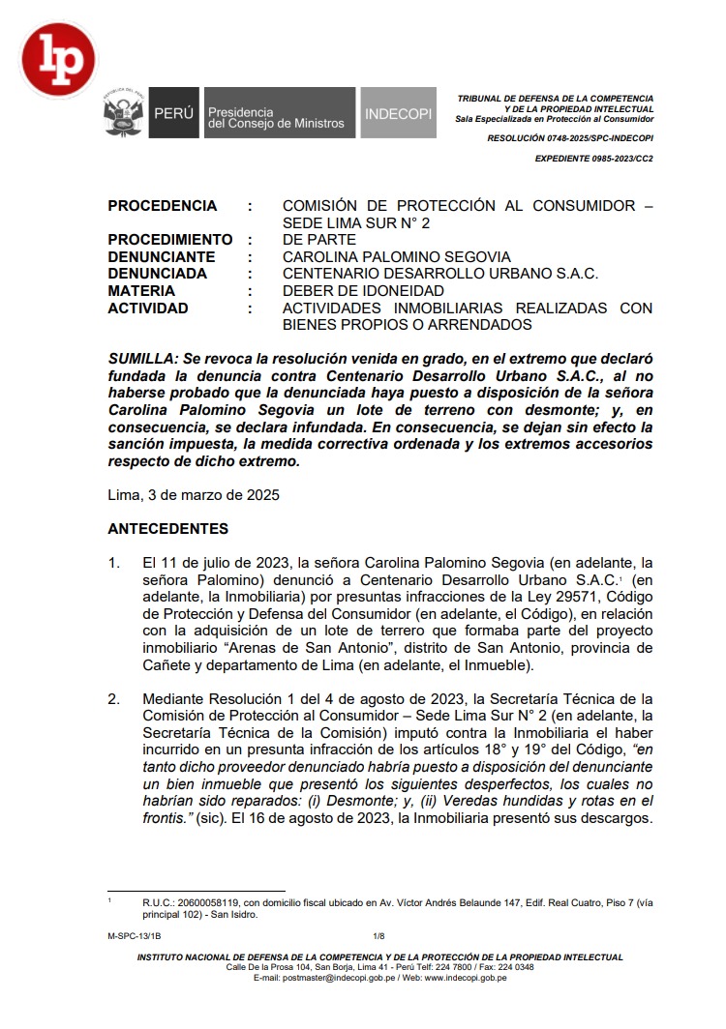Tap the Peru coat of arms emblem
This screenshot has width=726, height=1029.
tap(124, 117)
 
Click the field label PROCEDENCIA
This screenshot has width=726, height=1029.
tap(163, 206)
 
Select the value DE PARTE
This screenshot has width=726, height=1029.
tap(318, 240)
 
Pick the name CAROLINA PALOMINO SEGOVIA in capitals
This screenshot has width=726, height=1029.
tap(396, 257)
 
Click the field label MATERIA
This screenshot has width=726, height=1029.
tap(141, 291)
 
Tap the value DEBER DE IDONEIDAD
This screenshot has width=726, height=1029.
tap(363, 291)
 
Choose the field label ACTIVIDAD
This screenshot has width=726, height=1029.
tap(148, 309)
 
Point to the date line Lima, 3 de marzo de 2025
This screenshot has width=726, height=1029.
tap(194, 496)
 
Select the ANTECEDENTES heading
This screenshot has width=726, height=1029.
tap(168, 529)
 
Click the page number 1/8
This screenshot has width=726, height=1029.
tap(378, 936)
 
